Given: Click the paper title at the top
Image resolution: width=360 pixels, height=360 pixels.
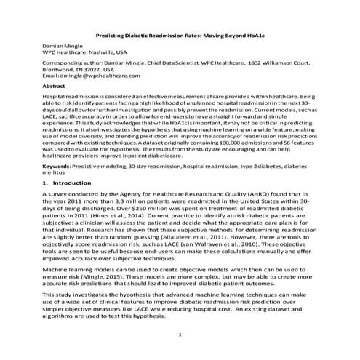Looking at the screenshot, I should pos(180,35).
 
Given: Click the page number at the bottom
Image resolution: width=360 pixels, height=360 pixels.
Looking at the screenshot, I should pos(180,334).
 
